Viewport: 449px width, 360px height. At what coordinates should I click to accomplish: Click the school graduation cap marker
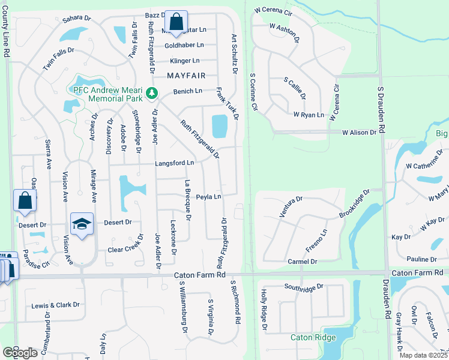pyautogui.click(x=82, y=224)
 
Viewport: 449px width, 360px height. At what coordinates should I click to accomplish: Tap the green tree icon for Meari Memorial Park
pyautogui.click(x=152, y=92)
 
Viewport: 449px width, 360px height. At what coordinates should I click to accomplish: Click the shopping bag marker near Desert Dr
pyautogui.click(x=25, y=201)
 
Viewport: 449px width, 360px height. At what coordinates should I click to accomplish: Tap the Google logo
pyautogui.click(x=20, y=353)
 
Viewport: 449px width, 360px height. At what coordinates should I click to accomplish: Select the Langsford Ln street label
pyautogui.click(x=175, y=163)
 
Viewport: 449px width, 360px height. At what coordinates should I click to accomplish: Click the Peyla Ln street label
pyautogui.click(x=209, y=196)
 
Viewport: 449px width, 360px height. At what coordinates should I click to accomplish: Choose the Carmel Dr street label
pyautogui.click(x=302, y=262)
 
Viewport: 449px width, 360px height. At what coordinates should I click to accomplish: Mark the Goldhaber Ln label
pyautogui.click(x=184, y=45)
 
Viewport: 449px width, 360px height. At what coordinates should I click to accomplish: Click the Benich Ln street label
pyautogui.click(x=188, y=91)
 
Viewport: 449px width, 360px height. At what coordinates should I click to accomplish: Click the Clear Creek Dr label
pyautogui.click(x=127, y=250)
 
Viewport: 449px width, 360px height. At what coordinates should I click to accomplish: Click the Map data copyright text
pyautogui.click(x=424, y=355)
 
